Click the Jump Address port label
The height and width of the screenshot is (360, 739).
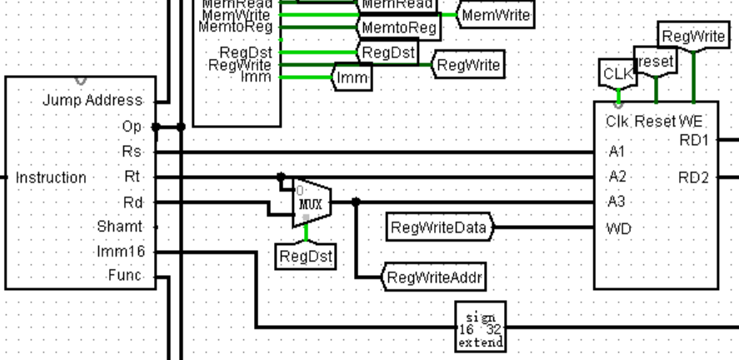[92, 101]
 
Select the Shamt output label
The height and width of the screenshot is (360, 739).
[120, 227]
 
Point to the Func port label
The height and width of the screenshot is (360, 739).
[125, 276]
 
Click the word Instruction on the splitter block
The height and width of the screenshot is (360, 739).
[51, 177]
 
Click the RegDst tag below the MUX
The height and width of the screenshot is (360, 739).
[305, 257]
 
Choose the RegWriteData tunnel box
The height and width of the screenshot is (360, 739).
[440, 227]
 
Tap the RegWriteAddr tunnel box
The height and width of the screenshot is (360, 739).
[435, 277]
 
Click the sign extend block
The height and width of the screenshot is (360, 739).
[481, 327]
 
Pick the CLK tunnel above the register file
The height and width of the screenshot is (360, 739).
[617, 74]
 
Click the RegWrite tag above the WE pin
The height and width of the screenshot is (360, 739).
[692, 37]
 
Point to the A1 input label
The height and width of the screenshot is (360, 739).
[617, 152]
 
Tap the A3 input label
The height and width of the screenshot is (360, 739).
[617, 202]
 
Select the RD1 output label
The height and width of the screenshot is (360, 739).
[693, 141]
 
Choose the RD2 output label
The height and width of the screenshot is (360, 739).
[693, 177]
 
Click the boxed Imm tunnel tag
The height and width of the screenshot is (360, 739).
[352, 78]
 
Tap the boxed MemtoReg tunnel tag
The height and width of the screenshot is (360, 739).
[399, 29]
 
